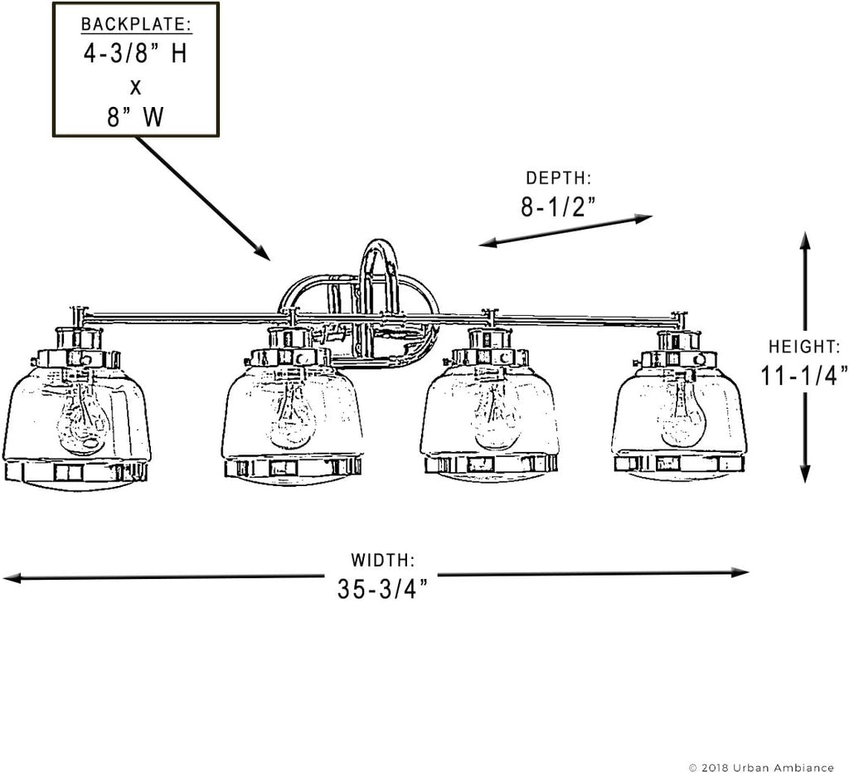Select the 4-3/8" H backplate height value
point(135,54)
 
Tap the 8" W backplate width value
point(135,116)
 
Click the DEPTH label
point(558,177)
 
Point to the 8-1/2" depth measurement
point(558,207)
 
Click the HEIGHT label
point(804,346)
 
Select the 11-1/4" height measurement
point(804,375)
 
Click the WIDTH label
point(383,560)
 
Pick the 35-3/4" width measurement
point(383,588)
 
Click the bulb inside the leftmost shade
point(81,417)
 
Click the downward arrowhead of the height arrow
point(805,474)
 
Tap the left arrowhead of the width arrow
point(12,578)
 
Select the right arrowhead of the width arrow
point(740,572)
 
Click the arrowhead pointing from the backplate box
point(263,252)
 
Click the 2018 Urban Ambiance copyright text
point(761,767)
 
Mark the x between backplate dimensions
point(135,86)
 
